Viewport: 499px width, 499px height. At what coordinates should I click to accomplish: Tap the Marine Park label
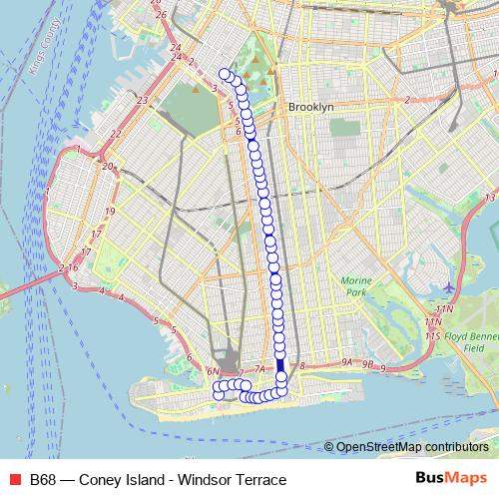354,286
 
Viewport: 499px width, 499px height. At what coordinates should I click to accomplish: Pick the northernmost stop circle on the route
225,73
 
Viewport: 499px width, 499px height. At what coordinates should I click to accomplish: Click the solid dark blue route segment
280,365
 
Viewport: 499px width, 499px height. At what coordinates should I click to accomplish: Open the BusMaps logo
450,479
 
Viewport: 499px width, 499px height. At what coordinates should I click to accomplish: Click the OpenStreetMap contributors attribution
412,447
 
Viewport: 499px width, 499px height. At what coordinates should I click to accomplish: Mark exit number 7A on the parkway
258,370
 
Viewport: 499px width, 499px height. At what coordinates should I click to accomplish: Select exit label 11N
432,310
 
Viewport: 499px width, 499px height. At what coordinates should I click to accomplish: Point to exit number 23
143,100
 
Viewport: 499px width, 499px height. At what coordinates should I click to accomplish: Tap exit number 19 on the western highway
110,211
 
